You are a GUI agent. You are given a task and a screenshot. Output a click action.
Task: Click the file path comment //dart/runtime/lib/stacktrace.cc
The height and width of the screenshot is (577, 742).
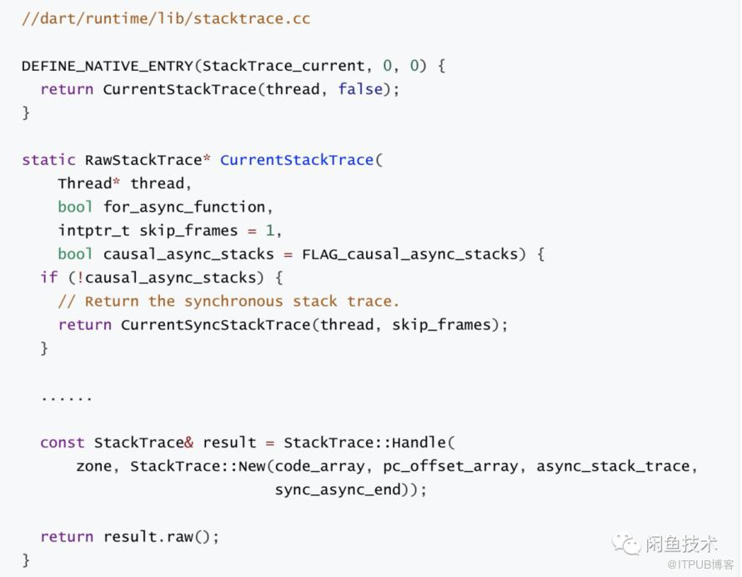tap(166, 18)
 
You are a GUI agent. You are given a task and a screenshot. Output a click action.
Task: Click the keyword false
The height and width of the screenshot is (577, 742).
tap(360, 88)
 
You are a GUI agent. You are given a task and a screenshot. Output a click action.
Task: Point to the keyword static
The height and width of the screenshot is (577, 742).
tap(48, 159)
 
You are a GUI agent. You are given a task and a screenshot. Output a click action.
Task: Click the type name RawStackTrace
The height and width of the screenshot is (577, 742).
tap(143, 159)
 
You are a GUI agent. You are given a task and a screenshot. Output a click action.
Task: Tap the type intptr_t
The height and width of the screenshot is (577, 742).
tap(93, 230)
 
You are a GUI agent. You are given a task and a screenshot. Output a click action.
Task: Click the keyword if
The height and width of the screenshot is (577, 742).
tap(48, 277)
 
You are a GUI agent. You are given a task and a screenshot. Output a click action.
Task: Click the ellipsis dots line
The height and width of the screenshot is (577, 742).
tap(67, 398)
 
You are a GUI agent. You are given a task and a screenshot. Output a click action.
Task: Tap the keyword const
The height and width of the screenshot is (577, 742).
tap(62, 442)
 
